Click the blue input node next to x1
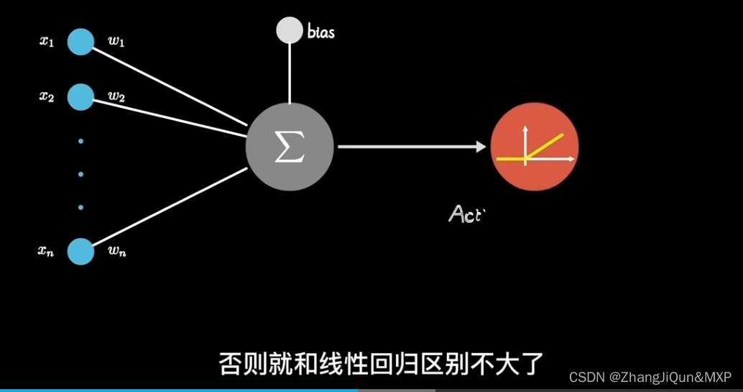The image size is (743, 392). click(80, 41)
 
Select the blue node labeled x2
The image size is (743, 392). click(80, 97)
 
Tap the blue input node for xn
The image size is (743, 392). click(80, 252)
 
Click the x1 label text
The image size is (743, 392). click(47, 41)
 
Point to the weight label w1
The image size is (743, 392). click(116, 42)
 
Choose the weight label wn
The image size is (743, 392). click(117, 252)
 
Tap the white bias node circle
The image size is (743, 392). click(290, 29)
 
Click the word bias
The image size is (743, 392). click(320, 32)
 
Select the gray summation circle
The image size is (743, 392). click(290, 147)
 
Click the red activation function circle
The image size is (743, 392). click(535, 147)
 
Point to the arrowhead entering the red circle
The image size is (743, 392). click(481, 147)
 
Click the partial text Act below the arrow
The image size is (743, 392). click(463, 214)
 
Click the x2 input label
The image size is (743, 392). click(47, 97)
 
